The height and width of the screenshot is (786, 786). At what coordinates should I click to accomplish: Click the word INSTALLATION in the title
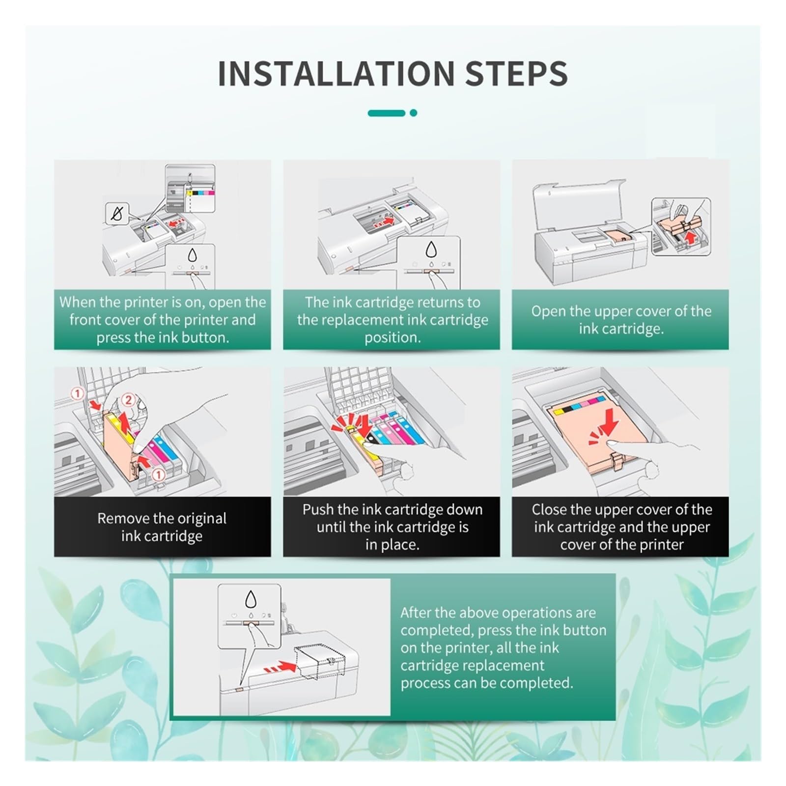(x=336, y=74)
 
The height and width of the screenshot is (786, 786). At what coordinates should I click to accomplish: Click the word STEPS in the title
(x=516, y=74)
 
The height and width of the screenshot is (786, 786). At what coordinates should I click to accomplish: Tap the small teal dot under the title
(x=414, y=113)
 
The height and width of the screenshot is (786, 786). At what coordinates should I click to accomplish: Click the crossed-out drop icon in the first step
(x=117, y=214)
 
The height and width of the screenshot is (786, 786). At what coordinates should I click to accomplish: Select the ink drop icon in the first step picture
(x=192, y=255)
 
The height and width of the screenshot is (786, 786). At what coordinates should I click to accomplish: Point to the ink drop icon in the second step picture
(x=431, y=249)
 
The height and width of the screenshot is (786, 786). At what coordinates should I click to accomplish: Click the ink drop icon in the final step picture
(x=251, y=599)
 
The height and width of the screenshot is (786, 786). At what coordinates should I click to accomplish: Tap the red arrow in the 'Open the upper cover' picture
(x=691, y=238)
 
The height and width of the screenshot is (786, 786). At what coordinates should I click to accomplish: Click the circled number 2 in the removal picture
(x=128, y=400)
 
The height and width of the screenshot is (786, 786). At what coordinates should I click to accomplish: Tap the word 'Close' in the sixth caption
(x=550, y=509)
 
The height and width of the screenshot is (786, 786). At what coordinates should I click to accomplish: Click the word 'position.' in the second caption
(x=392, y=338)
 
